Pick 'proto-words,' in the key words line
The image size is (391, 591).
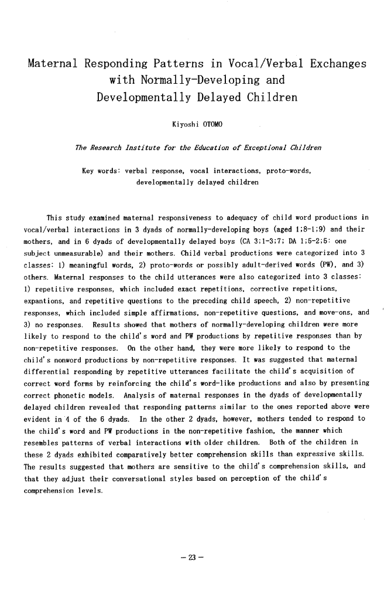[x=291, y=171]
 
